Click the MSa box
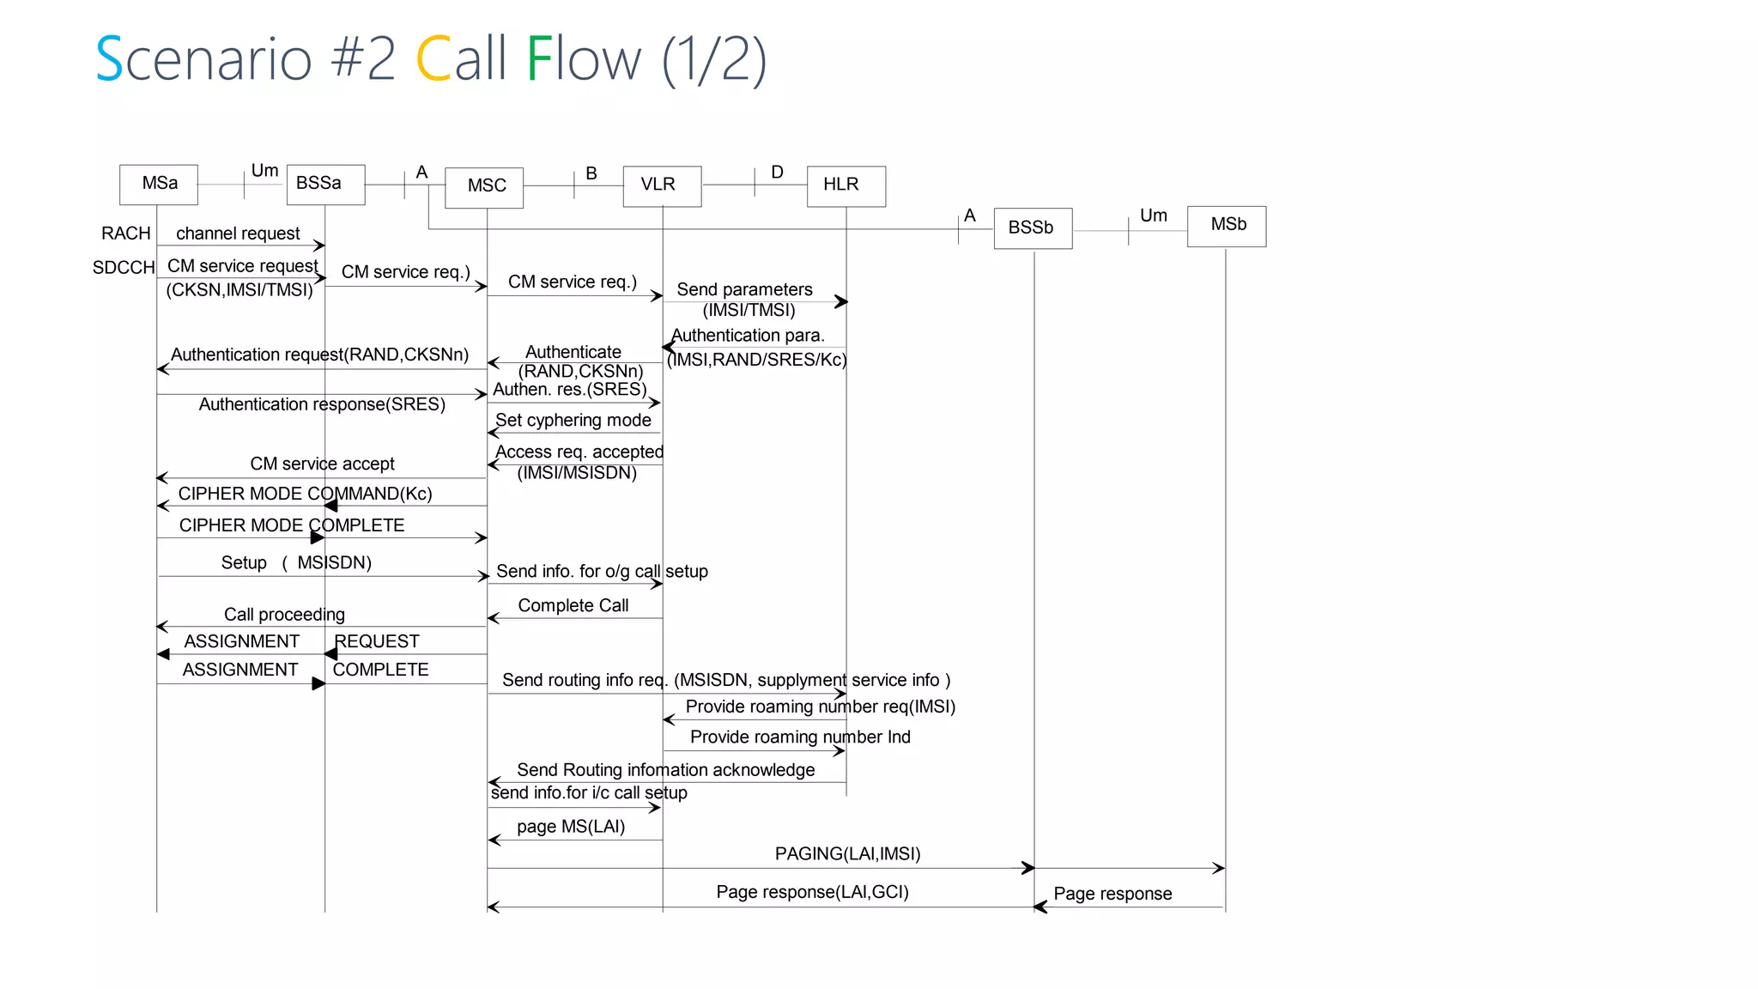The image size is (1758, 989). (x=159, y=184)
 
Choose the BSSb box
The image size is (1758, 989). (x=1033, y=228)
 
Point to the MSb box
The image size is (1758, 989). (x=1227, y=225)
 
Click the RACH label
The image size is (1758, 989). (x=126, y=234)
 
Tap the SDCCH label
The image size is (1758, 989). (x=124, y=268)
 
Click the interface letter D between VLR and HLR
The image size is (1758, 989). (x=777, y=173)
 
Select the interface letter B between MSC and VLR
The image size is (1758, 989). (x=591, y=173)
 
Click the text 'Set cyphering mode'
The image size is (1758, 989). (x=573, y=421)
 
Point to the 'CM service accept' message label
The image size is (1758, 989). (x=322, y=464)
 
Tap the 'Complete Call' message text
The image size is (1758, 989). (x=573, y=606)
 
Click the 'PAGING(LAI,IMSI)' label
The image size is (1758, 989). (x=847, y=854)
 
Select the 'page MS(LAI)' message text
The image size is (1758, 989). (x=570, y=827)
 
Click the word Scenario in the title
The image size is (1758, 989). (x=203, y=59)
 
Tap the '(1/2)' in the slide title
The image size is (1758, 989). (x=713, y=59)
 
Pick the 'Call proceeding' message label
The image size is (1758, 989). (x=284, y=615)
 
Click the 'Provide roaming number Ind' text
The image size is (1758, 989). (x=800, y=737)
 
